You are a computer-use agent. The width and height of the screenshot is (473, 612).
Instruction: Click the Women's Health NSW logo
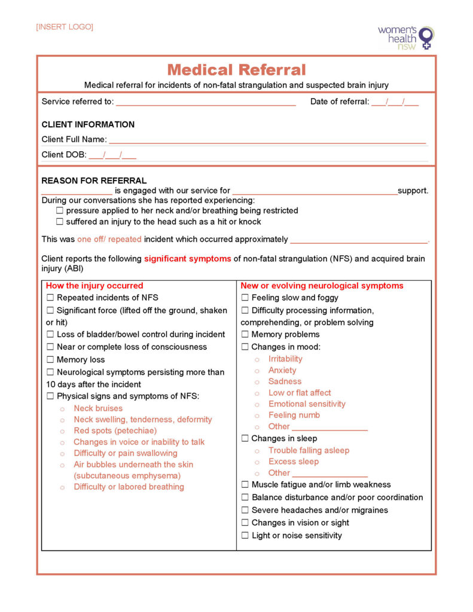406,37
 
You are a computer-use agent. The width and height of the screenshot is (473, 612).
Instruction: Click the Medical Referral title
236,70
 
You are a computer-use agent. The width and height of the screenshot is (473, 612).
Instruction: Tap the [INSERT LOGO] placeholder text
65,27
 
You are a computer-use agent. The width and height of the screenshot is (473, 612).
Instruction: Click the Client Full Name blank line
267,140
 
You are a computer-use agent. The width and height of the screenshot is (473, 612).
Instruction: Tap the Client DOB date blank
112,155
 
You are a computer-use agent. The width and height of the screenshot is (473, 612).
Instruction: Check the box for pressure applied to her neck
60,211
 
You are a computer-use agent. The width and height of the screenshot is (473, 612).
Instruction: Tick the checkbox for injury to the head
60,222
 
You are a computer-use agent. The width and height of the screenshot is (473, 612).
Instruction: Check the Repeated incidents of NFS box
50,298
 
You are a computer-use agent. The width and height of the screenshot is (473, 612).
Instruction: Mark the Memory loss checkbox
50,360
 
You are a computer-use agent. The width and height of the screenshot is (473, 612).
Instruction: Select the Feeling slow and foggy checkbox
245,298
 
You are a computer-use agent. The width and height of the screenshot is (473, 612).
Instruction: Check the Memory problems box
245,335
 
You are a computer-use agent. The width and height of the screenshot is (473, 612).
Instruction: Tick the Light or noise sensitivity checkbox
245,535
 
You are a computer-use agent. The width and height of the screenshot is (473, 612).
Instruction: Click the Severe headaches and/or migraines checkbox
245,510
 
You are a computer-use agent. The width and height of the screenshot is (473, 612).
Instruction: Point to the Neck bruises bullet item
98,409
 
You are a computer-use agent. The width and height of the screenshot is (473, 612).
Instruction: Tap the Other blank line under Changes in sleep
329,474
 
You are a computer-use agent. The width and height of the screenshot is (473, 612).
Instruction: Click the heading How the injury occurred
94,286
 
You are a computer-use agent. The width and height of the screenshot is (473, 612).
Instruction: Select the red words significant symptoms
187,259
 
